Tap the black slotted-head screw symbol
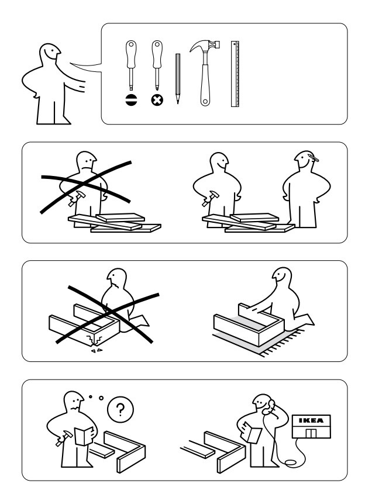pos(131,100)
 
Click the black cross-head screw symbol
pos(157,100)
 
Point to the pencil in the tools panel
pos(178,78)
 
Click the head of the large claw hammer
pos(205,46)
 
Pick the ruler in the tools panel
pos(235,74)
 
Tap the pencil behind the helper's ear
pos(313,157)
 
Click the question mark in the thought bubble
pos(120,409)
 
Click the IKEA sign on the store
pos(311,420)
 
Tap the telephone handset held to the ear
pos(269,407)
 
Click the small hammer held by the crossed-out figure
pos(76,199)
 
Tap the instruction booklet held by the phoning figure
pos(252,433)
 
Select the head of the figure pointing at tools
pos(50,53)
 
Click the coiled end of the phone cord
pos(291,463)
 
